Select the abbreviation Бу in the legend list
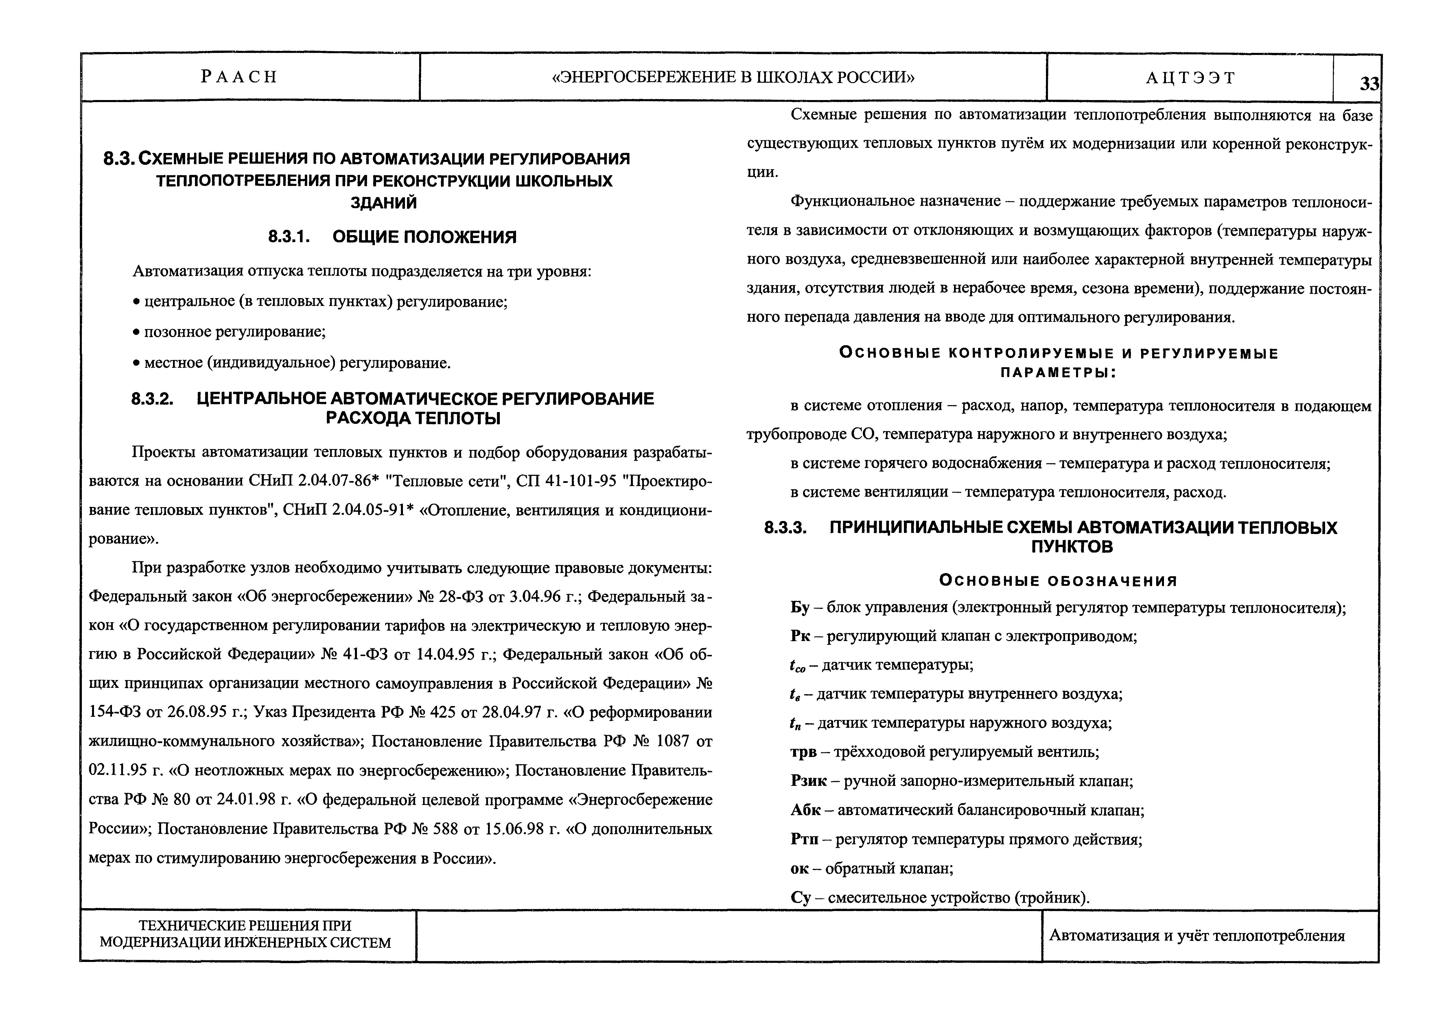pyautogui.click(x=800, y=607)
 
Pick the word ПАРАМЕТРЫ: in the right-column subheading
pyautogui.click(x=1058, y=373)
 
